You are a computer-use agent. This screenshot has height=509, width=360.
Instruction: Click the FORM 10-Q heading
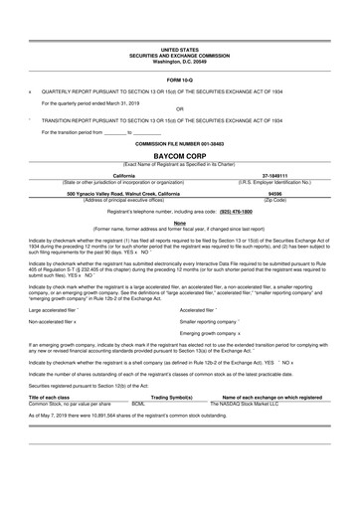coord(179,79)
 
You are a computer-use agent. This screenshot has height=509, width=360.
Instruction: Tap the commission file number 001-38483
coord(179,144)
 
